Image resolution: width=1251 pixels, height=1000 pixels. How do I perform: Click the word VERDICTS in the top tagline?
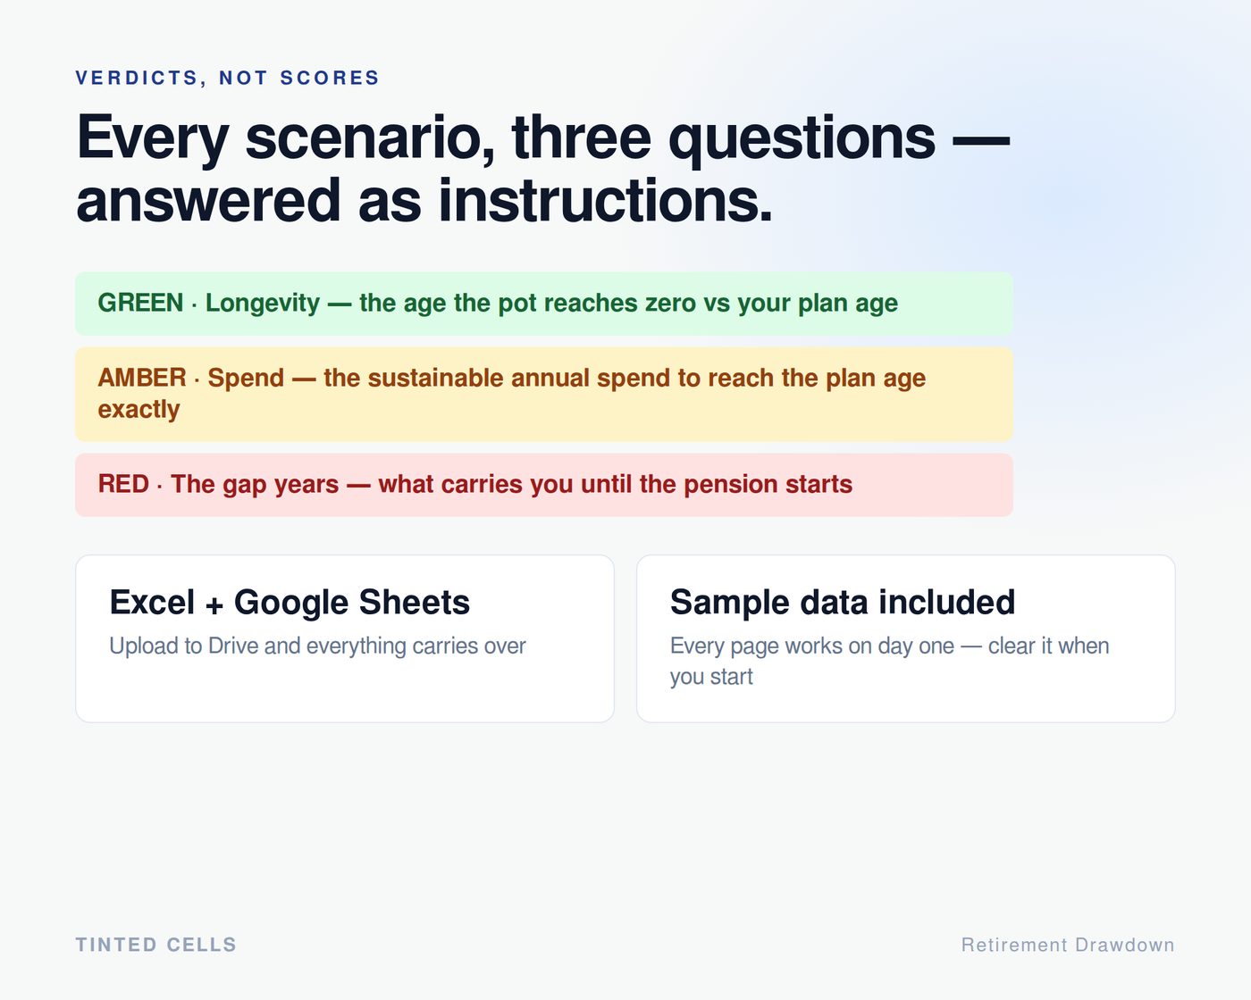click(x=138, y=78)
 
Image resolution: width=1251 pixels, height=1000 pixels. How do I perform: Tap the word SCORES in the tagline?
click(x=330, y=78)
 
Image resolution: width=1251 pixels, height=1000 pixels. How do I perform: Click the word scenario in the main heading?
click(x=371, y=138)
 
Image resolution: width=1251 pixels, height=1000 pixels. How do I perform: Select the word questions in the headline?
click(x=802, y=139)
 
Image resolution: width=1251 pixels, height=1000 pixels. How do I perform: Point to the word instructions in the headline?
click(x=606, y=201)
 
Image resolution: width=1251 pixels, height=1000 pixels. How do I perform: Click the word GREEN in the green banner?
click(x=140, y=303)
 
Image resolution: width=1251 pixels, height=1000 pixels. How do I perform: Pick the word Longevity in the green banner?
click(x=262, y=304)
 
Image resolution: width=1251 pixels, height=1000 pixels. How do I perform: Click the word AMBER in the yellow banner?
click(x=142, y=378)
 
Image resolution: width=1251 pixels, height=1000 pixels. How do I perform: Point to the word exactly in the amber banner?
click(x=139, y=410)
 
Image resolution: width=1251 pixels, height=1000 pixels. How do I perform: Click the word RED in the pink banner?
click(x=123, y=484)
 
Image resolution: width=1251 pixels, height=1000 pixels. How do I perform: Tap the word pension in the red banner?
click(x=731, y=485)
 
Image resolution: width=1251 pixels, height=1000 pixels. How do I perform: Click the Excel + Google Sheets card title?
click(x=290, y=602)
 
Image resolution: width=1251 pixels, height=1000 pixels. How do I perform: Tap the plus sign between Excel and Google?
click(x=214, y=605)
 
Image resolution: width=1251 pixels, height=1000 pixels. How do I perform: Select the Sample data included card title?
click(x=843, y=602)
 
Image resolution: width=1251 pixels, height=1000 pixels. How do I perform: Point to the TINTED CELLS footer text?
click(x=155, y=945)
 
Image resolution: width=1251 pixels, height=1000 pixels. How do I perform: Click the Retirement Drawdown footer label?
click(x=1068, y=945)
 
